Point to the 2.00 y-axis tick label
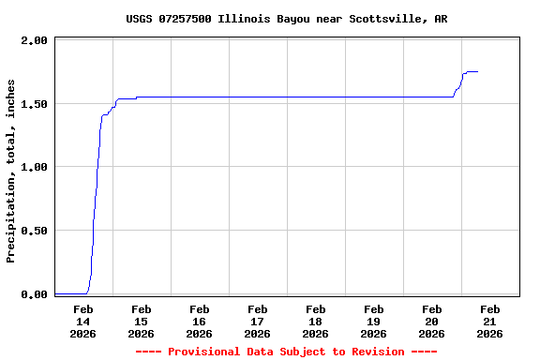34,40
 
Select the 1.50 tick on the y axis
34,103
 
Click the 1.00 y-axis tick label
34,167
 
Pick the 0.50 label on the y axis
34,231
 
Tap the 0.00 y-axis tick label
34,294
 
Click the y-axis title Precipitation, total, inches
11,171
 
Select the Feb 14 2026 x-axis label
82,321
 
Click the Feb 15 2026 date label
141,321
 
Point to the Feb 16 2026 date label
199,321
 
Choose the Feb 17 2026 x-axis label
257,321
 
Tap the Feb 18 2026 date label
315,321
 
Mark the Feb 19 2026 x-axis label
373,321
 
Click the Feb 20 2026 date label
431,321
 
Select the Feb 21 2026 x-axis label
489,321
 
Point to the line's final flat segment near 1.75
472,71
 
